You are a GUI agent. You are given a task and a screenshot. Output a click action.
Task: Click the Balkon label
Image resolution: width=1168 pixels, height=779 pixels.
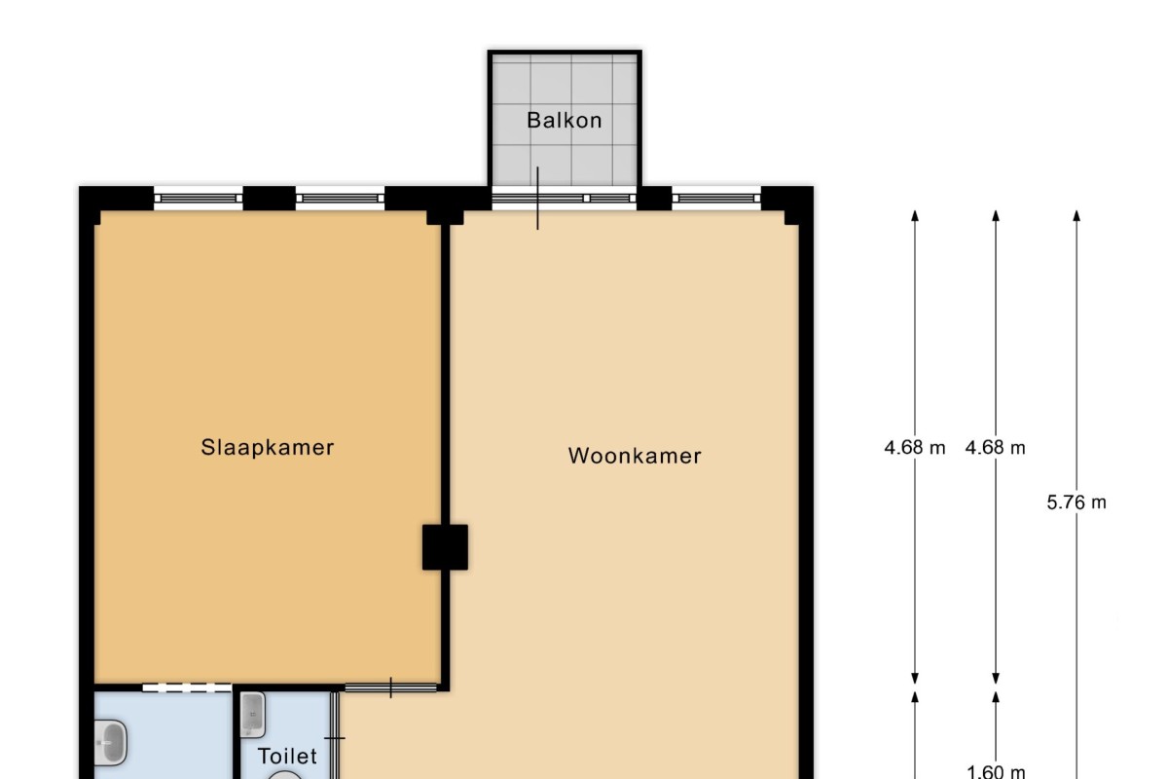[565, 121]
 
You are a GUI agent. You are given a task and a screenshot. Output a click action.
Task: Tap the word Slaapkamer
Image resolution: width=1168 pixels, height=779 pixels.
[268, 448]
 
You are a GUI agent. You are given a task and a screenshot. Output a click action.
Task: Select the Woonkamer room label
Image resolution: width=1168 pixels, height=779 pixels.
[635, 456]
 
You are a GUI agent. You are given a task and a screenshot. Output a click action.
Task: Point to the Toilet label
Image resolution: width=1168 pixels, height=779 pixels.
[287, 756]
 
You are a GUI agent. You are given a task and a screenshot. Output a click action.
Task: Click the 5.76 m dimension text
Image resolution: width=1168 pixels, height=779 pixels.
[1077, 501]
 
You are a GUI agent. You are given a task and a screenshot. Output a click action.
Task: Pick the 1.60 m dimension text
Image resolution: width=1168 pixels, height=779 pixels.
[996, 771]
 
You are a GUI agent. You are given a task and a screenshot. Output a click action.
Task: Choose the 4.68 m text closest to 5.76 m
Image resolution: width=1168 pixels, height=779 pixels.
[996, 448]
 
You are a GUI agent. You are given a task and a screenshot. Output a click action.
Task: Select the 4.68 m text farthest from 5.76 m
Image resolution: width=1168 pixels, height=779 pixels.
[915, 448]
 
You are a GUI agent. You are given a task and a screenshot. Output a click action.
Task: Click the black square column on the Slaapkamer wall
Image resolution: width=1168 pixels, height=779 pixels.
[445, 547]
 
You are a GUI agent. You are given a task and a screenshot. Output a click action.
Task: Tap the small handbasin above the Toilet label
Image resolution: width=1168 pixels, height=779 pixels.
[252, 715]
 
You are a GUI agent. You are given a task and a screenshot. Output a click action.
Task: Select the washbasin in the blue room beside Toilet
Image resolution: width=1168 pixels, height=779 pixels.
[111, 742]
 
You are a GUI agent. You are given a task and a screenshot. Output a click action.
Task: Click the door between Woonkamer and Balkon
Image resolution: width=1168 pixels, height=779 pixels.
[537, 199]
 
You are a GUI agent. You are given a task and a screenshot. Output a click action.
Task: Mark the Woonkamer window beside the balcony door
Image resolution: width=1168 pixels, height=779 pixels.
[716, 199]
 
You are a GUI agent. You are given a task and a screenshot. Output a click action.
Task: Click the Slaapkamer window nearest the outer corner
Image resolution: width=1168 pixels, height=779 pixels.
[199, 199]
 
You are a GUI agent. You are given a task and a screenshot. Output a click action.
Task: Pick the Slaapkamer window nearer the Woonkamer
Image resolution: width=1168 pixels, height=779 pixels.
[340, 199]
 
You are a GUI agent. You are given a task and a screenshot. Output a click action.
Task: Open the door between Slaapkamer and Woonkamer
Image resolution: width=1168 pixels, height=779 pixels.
[390, 687]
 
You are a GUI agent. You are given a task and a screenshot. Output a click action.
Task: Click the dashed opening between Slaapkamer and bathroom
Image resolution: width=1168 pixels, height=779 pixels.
[187, 687]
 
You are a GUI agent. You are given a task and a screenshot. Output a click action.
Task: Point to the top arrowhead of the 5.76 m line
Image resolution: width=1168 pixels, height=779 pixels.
[1077, 215]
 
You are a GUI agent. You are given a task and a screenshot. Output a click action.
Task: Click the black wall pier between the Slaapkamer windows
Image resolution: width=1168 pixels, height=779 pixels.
[269, 199]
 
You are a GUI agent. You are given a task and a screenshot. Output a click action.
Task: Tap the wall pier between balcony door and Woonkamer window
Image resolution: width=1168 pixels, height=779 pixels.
[654, 199]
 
